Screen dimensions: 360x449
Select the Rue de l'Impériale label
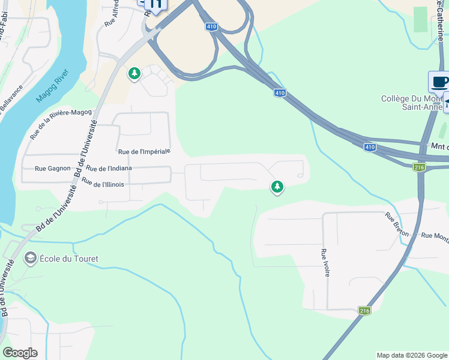pos(145,152)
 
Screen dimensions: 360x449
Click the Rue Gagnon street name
pos(53,169)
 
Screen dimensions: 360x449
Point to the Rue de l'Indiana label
pos(109,169)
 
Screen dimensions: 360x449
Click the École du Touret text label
pos(68,259)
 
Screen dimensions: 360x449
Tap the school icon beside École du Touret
pos(29,259)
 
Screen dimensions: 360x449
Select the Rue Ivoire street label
pos(325,262)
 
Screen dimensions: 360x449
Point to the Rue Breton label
pos(397,224)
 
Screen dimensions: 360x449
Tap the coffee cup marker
pos(439,82)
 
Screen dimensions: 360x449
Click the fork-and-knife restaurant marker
pos(156,5)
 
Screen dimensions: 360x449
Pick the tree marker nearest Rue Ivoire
pos(277,187)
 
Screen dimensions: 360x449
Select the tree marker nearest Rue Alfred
pos(134,74)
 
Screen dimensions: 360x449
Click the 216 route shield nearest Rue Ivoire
pos(364,310)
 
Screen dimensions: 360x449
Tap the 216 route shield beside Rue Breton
pos(419,167)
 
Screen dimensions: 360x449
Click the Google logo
pos(20,353)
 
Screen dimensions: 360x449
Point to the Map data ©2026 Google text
pos(412,355)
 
